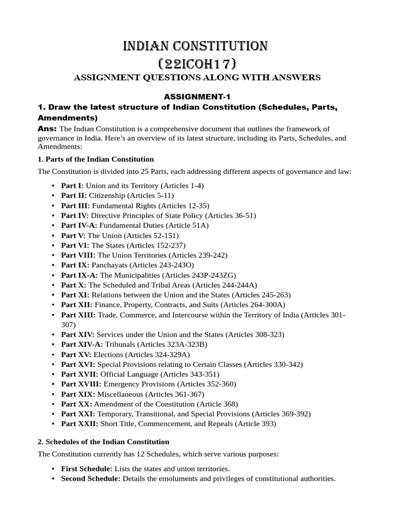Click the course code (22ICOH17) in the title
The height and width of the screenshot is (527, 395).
197,64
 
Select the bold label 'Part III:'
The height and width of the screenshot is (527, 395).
75,205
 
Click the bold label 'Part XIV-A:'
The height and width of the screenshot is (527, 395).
80,344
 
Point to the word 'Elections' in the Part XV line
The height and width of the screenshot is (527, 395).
108,354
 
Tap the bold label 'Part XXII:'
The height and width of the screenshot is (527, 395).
79,424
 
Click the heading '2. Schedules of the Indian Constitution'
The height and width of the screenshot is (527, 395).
103,442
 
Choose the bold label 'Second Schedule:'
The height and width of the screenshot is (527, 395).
91,478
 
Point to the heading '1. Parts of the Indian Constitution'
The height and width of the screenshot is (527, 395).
96,159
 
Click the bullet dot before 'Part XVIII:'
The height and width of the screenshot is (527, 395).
54,384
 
